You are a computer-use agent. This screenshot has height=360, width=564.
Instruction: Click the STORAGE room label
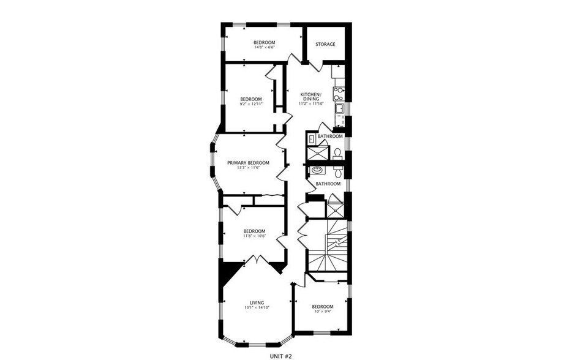click(x=325, y=44)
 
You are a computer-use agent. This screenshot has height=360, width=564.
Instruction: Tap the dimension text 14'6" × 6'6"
click(x=265, y=48)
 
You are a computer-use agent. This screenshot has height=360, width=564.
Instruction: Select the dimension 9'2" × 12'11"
click(x=251, y=105)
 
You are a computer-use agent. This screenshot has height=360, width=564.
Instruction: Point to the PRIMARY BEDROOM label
click(x=248, y=162)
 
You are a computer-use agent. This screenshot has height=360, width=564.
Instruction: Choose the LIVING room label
click(x=257, y=302)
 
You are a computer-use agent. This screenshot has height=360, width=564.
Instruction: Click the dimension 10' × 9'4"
click(x=322, y=312)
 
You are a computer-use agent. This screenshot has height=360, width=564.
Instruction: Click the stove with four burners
click(x=338, y=94)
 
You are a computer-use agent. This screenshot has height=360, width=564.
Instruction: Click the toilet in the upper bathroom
click(x=338, y=152)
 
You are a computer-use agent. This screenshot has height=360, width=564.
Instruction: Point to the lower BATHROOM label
click(x=328, y=184)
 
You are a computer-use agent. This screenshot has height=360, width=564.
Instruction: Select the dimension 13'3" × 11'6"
click(x=248, y=168)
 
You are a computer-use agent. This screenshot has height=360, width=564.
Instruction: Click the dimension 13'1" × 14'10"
click(x=257, y=308)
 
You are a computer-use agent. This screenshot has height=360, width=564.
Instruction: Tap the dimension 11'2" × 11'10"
click(x=311, y=103)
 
